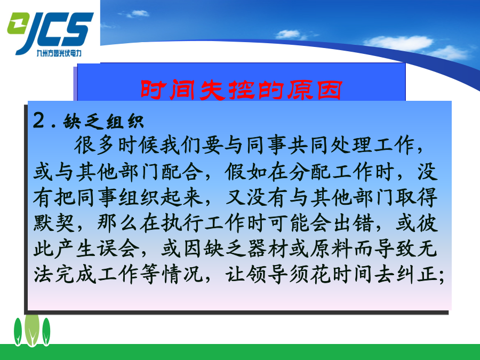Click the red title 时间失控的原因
(241, 90)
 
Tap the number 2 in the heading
(39, 121)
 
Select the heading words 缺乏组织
(103, 122)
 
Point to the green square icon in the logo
(17, 23)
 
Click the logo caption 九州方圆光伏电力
(59, 53)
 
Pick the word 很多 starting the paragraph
(94, 145)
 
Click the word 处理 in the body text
(352, 145)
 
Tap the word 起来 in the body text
(182, 197)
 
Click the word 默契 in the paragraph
(54, 223)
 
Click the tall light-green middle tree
(32, 330)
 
